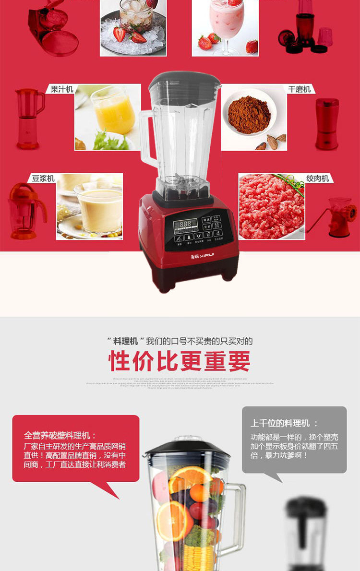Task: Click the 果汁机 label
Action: [x=62, y=89]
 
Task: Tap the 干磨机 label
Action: [x=299, y=89]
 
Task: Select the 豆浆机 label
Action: [x=43, y=178]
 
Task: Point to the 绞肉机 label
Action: [x=317, y=178]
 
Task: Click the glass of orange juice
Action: [x=113, y=112]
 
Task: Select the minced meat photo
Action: [x=271, y=206]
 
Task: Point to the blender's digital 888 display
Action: [x=185, y=224]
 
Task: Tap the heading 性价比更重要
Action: [x=180, y=361]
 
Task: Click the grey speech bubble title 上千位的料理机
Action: [x=284, y=423]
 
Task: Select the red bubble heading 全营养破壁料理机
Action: [x=60, y=436]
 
